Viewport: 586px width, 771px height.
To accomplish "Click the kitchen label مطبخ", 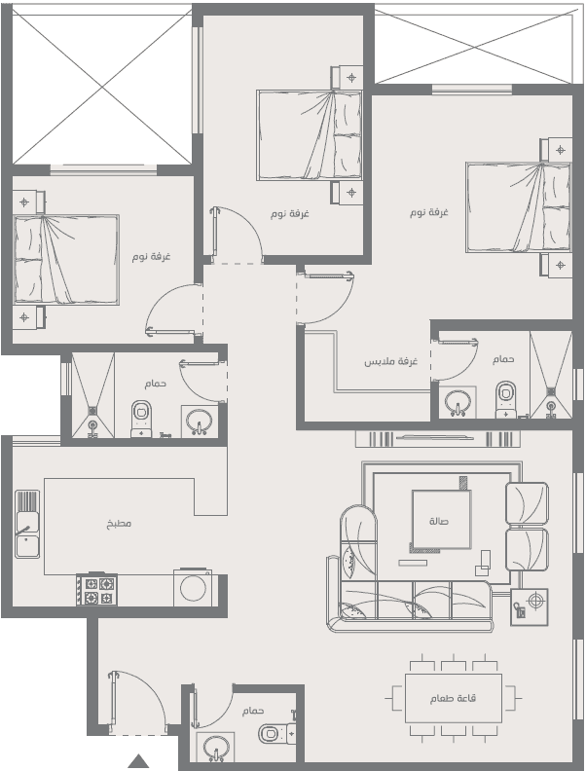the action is [119, 523].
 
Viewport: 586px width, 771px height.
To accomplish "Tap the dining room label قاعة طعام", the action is [453, 698].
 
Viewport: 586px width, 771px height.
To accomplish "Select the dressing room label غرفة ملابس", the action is [391, 361].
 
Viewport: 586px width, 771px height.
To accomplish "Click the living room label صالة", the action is [439, 521].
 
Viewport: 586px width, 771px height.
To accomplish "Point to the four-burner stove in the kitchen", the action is [96, 590].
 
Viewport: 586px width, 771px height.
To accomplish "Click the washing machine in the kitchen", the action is [193, 587].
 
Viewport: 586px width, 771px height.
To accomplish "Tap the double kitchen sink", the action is [27, 524].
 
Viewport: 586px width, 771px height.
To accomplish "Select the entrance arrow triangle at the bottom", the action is [138, 760].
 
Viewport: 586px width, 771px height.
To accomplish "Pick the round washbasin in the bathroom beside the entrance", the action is [215, 747].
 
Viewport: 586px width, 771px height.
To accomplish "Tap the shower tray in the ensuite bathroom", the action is [551, 375].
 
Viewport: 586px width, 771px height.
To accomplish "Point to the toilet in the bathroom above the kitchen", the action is [141, 419].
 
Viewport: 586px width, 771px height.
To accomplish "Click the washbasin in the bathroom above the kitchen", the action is [200, 421].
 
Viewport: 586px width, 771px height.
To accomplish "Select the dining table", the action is [454, 698].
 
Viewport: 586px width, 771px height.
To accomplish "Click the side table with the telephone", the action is [529, 606].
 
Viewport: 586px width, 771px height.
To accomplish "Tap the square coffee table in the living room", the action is [442, 520].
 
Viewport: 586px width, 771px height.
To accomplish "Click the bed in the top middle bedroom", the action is [309, 134].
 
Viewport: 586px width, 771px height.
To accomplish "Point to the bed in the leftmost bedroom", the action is [66, 260].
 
